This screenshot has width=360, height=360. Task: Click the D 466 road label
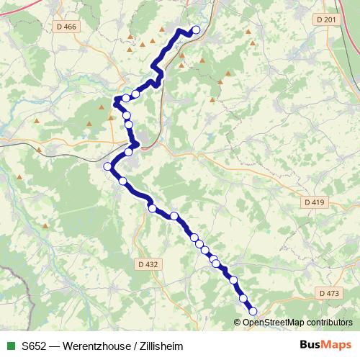click(66, 27)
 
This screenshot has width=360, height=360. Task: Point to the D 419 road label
click(315, 202)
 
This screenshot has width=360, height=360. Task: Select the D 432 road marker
click(146, 264)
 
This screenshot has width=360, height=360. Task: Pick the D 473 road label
click(328, 293)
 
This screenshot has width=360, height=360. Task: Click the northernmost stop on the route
click(195, 30)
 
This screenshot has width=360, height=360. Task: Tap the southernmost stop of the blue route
click(253, 311)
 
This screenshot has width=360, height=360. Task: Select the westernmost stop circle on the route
click(108, 166)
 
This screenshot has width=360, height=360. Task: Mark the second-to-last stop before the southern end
click(243, 298)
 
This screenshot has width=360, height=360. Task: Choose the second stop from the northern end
click(135, 94)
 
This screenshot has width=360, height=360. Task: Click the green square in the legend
click(10, 346)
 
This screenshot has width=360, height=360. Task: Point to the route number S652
click(35, 346)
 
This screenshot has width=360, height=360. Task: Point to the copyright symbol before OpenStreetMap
click(238, 323)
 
